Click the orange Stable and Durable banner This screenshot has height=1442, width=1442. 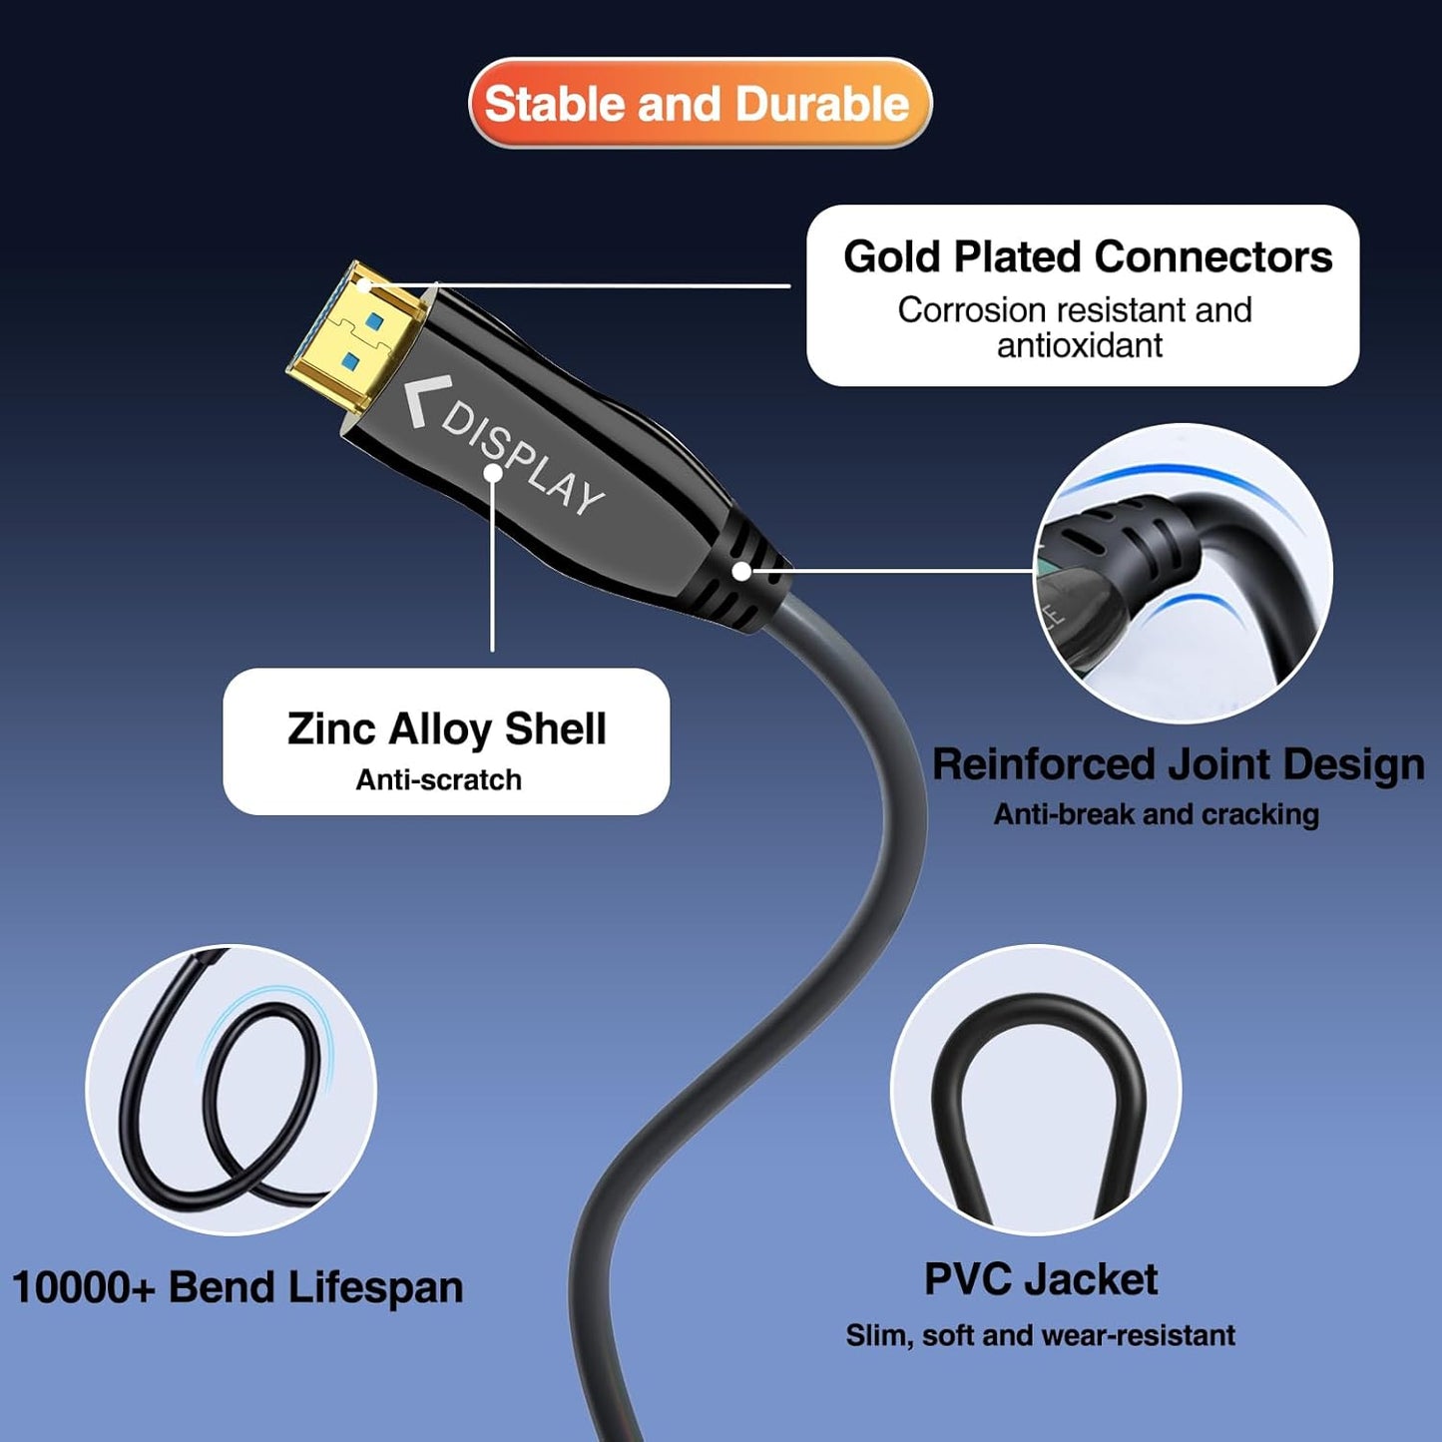coord(699,103)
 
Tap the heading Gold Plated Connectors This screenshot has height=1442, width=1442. coord(1087,256)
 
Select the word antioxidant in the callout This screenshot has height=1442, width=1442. coord(1080,345)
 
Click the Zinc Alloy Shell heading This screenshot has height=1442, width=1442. coord(446,728)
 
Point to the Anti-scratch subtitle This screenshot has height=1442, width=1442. coord(438,779)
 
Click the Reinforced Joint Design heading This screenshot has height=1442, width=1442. coord(1178,764)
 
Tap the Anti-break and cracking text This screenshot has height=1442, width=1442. coord(1156,814)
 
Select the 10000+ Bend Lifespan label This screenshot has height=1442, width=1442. coord(238,1287)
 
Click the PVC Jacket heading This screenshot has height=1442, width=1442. coord(1040,1279)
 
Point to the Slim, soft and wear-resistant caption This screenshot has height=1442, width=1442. coord(1040,1335)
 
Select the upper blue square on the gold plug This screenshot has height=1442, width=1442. coord(374,321)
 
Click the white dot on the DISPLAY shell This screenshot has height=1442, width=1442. coord(493,473)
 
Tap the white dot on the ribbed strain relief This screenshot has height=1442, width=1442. coord(741,571)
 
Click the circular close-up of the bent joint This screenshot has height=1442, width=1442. coord(1183,573)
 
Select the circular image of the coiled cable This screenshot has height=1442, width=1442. coord(231,1090)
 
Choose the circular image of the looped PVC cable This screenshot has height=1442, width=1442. coord(1035,1090)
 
